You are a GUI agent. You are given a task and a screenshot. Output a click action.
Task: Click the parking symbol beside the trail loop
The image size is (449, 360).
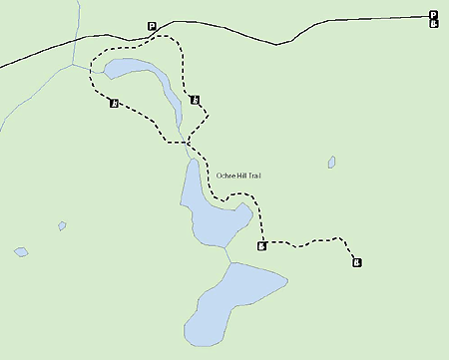click(x=152, y=26)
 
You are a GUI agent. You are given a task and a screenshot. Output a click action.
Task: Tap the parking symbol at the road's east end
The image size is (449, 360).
click(x=433, y=14)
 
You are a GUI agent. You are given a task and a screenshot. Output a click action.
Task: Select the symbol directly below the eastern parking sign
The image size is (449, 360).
click(x=433, y=23)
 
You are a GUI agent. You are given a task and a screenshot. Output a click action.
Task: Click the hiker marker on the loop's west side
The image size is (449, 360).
click(x=115, y=103)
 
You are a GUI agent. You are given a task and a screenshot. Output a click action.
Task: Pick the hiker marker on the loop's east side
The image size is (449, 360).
click(x=194, y=99)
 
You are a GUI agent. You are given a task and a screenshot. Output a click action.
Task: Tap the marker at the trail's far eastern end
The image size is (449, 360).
click(x=356, y=262)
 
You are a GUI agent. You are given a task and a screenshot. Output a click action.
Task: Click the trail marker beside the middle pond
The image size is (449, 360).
click(x=261, y=246)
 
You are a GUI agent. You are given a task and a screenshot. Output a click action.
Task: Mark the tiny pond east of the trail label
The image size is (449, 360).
click(x=331, y=162)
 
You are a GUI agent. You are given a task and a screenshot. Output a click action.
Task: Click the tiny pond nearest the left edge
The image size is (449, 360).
click(x=21, y=251)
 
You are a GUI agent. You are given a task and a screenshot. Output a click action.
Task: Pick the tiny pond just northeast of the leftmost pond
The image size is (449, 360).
click(x=62, y=226)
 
